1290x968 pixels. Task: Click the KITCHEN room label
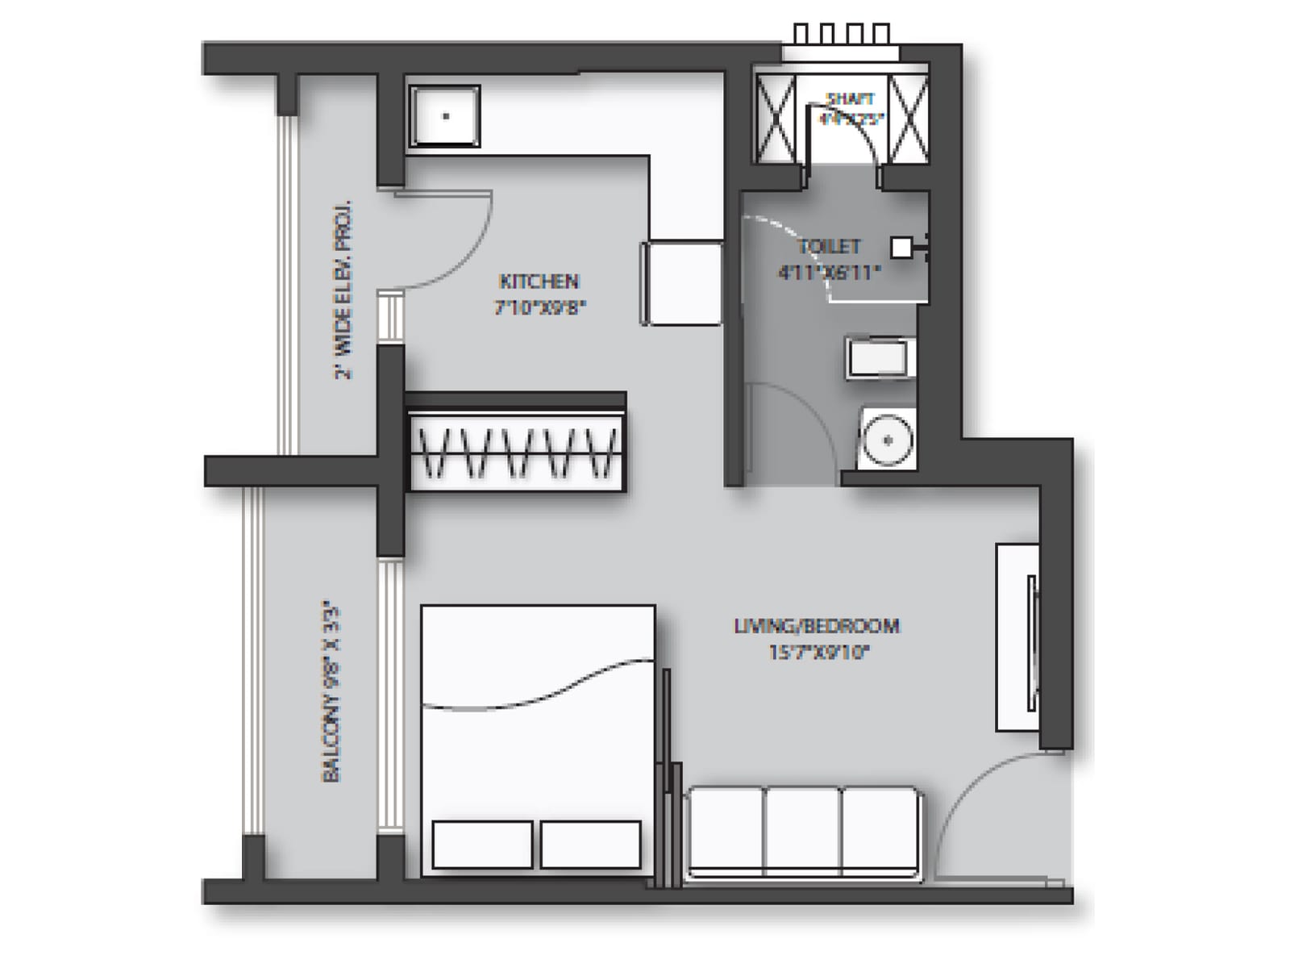[x=539, y=282]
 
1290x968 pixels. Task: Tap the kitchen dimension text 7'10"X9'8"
[x=539, y=307]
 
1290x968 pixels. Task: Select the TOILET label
[x=829, y=246]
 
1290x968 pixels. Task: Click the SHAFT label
[x=851, y=98]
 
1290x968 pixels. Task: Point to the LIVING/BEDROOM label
[x=816, y=625]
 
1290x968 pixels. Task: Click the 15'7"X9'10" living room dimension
[x=818, y=652]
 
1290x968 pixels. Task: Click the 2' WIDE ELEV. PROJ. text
[x=343, y=290]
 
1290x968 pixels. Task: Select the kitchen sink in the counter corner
[x=445, y=116]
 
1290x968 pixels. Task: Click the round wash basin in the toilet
[x=887, y=440]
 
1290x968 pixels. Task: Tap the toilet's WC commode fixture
[x=879, y=357]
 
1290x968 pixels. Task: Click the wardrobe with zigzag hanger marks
[x=516, y=452]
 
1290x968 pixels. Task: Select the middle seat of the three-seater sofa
[x=802, y=831]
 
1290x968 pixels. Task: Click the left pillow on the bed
[x=482, y=845]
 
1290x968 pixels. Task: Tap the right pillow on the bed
[x=590, y=845]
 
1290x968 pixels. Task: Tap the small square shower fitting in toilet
[x=901, y=248]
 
